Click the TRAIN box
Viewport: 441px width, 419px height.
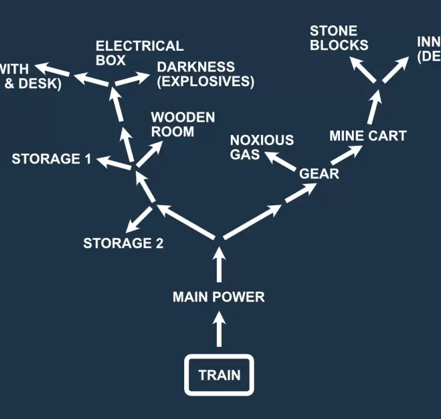(219, 375)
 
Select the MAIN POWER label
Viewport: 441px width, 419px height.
(219, 297)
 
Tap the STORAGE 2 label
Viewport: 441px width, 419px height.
(124, 243)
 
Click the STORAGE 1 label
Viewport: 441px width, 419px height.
(51, 159)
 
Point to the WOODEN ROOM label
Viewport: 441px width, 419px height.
(182, 124)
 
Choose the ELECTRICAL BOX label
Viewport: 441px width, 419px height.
(139, 53)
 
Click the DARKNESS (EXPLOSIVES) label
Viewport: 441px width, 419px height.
(205, 74)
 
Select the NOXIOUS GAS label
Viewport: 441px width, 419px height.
(262, 147)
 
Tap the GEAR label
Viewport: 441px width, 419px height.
(319, 174)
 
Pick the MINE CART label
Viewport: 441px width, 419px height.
(368, 136)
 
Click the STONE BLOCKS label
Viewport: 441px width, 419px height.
(339, 38)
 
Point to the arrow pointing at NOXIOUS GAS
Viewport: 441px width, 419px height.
(281, 160)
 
